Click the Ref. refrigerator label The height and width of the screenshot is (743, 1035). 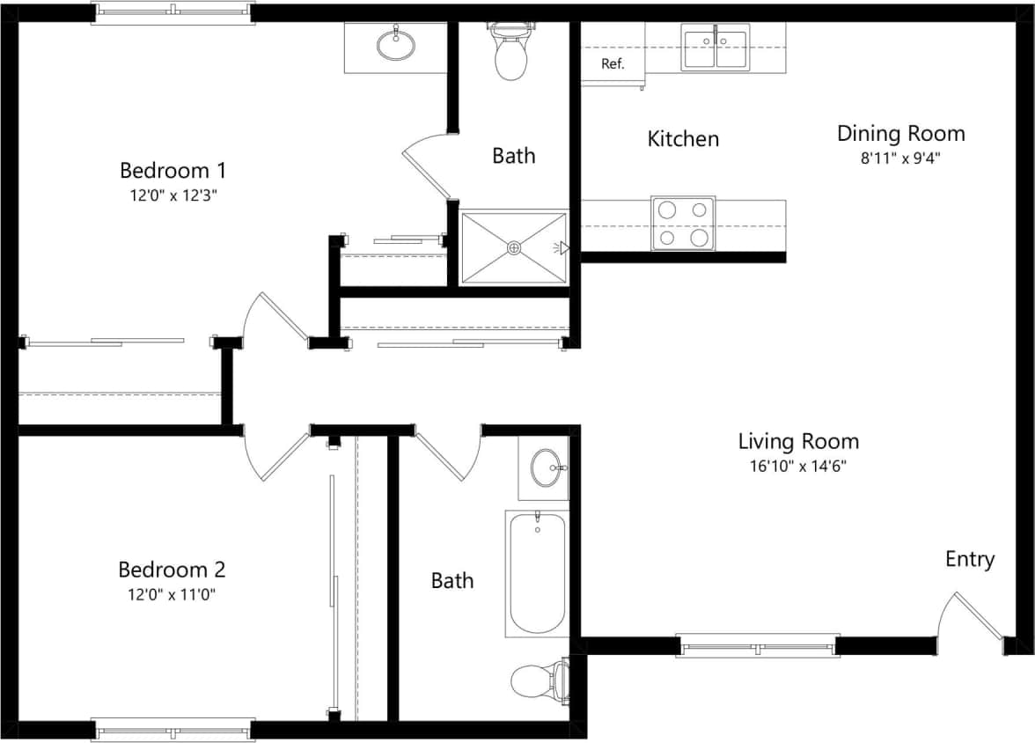(x=613, y=63)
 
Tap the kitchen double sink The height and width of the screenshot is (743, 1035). (x=716, y=48)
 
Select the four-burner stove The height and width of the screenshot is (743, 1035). (x=683, y=223)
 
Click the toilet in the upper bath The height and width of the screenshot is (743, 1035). (x=511, y=53)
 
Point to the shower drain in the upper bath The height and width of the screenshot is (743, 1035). (x=514, y=248)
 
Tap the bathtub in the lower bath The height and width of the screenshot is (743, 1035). (x=537, y=573)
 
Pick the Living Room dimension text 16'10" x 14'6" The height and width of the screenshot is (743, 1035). (x=798, y=467)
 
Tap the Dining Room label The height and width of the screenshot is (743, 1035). (x=900, y=134)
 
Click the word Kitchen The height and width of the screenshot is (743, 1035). (x=683, y=139)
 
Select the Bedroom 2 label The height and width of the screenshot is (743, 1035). (x=165, y=569)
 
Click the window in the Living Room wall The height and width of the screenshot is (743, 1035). (x=758, y=646)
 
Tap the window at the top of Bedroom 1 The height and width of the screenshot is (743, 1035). (x=173, y=11)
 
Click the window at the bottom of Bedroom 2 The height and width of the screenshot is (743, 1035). (x=173, y=730)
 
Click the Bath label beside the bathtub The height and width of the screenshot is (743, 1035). (x=452, y=581)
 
